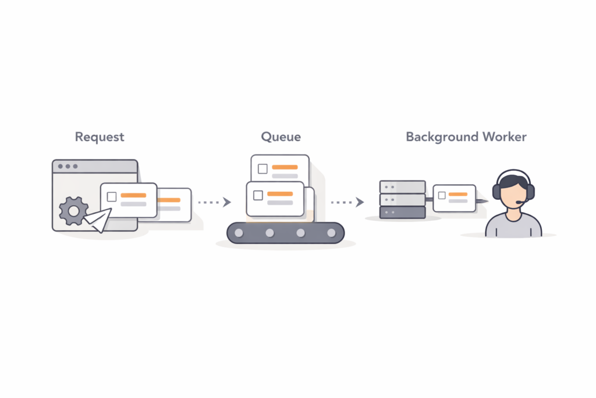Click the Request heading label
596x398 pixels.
pos(99,138)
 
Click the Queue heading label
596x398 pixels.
pos(281,138)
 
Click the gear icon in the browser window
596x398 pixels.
pos(73,211)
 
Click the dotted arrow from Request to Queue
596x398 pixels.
pos(214,202)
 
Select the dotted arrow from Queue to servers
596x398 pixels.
pos(347,202)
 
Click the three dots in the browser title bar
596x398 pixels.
pos(68,167)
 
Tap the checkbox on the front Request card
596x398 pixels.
pos(112,197)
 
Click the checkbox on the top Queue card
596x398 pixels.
pos(262,169)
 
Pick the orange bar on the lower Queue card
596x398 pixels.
pos(280,193)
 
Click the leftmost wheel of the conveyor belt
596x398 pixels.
pos(239,233)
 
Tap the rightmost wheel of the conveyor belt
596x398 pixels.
pos(331,233)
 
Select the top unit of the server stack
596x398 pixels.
pos(402,186)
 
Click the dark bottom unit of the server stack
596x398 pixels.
pos(402,212)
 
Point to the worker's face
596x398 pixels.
pos(513,193)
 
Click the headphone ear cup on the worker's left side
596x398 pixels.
pos(496,192)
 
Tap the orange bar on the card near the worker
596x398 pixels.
pos(458,193)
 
